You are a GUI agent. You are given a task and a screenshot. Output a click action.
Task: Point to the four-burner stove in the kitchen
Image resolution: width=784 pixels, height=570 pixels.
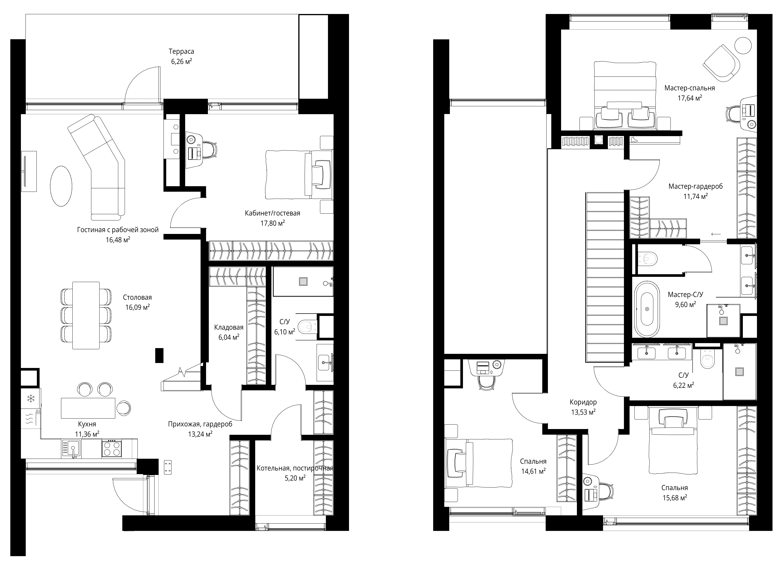(x=112, y=448)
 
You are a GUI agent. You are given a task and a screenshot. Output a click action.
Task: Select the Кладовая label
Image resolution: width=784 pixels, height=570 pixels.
(x=229, y=327)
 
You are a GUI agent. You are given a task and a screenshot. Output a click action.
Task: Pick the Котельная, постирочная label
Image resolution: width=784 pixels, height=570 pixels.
(x=295, y=468)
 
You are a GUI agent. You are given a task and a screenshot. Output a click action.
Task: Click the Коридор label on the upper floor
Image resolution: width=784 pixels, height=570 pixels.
(x=583, y=402)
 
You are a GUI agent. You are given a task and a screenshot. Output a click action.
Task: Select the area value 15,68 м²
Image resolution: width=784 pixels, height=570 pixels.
(x=674, y=498)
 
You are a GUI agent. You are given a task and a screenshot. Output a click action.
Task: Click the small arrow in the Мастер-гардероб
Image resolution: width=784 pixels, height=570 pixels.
(x=716, y=234)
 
